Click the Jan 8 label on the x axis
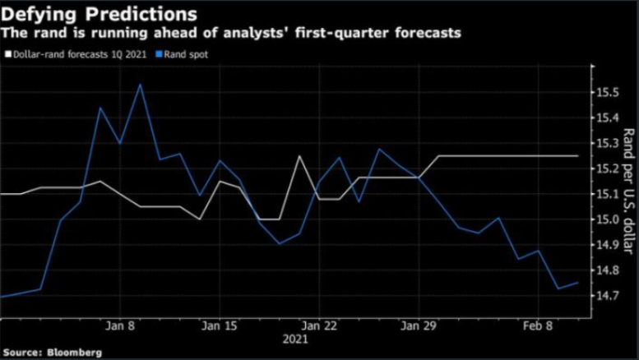121,325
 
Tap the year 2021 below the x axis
295,339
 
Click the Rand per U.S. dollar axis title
627,191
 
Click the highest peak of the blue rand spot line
140,85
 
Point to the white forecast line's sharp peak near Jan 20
299,156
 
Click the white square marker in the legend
7,54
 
